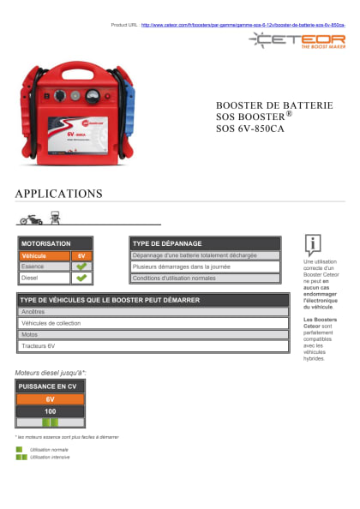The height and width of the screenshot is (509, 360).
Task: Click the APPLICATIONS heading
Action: (58, 194)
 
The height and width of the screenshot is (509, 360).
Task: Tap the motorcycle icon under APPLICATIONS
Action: (31, 219)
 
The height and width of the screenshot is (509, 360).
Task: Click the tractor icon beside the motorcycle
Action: (55, 218)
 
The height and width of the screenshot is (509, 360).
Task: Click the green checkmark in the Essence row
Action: (82, 266)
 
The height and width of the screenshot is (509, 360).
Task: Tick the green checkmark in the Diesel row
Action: (82, 278)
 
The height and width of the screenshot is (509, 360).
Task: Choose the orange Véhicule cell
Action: (43, 255)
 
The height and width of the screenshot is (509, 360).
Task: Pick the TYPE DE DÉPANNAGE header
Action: (205, 243)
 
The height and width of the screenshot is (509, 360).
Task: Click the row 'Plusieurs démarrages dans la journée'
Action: (205, 266)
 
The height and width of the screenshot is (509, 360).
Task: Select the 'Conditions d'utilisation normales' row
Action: (205, 278)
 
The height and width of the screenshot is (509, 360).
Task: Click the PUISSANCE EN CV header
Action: (50, 386)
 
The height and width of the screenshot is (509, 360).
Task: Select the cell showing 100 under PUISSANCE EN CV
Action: (50, 411)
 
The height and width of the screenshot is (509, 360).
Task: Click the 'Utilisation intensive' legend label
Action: (50, 457)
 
